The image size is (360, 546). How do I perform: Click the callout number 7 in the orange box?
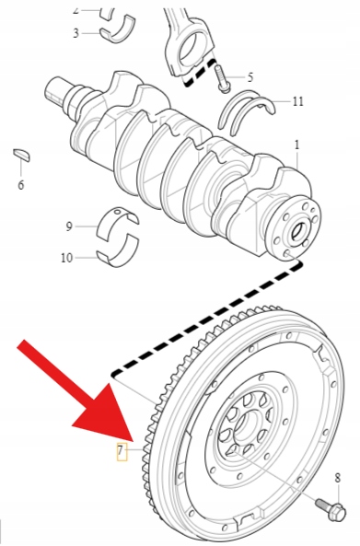(x=120, y=450)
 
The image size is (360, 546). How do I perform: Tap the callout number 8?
(x=337, y=478)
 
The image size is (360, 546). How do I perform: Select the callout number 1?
(x=296, y=145)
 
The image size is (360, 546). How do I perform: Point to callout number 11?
(x=297, y=101)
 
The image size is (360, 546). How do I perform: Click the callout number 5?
(x=250, y=77)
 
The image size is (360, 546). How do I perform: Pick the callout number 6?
(x=21, y=184)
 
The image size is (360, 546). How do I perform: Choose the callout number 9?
(x=69, y=227)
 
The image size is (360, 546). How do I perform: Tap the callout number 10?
(x=66, y=258)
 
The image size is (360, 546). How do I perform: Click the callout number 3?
(x=75, y=33)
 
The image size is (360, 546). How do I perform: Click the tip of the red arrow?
(x=133, y=442)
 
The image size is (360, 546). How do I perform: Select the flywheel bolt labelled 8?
(x=331, y=508)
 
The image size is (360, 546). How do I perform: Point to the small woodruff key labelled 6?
(x=21, y=155)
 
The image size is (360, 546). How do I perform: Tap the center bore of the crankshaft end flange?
(x=298, y=231)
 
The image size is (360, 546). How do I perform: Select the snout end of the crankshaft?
(x=58, y=90)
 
